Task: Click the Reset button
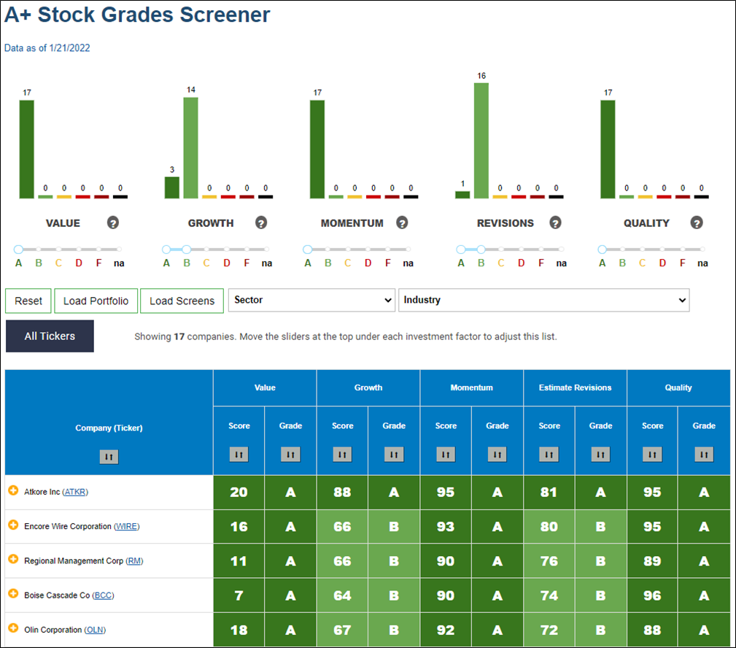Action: (28, 301)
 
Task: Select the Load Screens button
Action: (182, 301)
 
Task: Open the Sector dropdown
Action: (311, 300)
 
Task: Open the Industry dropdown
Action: (544, 300)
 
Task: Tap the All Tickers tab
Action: (50, 336)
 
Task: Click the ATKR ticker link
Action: (75, 492)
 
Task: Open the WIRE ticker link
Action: (127, 526)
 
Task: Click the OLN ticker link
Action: (95, 630)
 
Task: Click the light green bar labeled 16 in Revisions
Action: (481, 140)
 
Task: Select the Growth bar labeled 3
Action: (172, 188)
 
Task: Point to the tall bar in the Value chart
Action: (27, 150)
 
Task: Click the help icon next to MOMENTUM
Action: (402, 223)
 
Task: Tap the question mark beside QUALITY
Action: (697, 223)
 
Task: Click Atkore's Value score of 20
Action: (239, 492)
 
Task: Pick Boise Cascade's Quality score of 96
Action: (652, 595)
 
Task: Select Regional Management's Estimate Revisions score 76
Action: (549, 561)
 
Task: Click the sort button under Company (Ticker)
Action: (109, 456)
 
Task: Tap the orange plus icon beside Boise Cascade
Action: (13, 593)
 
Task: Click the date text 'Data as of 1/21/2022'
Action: (47, 48)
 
